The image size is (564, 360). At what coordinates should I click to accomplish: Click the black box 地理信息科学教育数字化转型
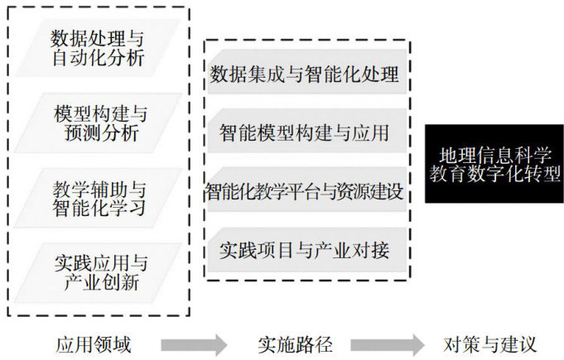(x=494, y=164)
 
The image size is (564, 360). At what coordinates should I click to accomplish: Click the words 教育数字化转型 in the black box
(x=494, y=175)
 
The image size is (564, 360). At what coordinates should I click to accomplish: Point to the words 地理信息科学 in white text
(x=494, y=154)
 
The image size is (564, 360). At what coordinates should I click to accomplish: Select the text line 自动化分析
(x=98, y=58)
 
